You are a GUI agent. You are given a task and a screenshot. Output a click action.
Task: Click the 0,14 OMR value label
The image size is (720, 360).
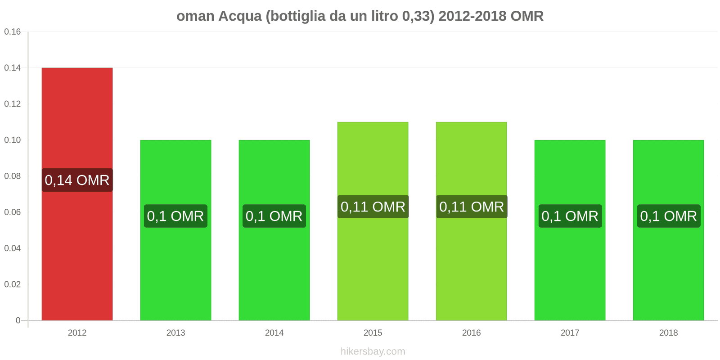(x=77, y=180)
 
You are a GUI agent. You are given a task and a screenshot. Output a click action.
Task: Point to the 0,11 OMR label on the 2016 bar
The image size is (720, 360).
(x=471, y=207)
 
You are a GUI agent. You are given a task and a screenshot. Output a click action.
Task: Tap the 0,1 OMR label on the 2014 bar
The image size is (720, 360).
(x=274, y=216)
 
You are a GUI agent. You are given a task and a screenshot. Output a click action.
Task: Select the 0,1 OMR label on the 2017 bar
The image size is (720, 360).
(x=570, y=216)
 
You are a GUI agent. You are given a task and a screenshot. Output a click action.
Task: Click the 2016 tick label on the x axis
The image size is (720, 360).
(x=471, y=333)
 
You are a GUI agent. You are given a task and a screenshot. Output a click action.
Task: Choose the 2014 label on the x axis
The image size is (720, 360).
(x=274, y=333)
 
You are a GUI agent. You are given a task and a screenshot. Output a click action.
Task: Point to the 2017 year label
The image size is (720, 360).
(x=570, y=333)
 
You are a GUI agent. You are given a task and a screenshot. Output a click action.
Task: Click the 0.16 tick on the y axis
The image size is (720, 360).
(x=13, y=32)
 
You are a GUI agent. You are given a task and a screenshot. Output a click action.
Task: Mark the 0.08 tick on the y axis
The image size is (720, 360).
(x=13, y=176)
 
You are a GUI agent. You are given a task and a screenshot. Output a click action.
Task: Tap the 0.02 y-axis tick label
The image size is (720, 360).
(x=13, y=284)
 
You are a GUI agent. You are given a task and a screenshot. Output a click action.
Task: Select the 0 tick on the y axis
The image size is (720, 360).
(x=18, y=320)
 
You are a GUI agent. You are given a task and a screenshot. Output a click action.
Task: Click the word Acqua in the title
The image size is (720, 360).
(x=240, y=16)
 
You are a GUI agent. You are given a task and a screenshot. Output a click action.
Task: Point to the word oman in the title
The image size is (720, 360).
(x=195, y=16)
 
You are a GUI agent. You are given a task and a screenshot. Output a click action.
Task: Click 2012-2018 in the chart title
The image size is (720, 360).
(x=472, y=16)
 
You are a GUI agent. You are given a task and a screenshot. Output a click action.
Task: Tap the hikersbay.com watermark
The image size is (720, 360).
(x=373, y=351)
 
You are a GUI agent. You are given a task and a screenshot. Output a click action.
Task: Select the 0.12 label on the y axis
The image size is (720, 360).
(x=13, y=104)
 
